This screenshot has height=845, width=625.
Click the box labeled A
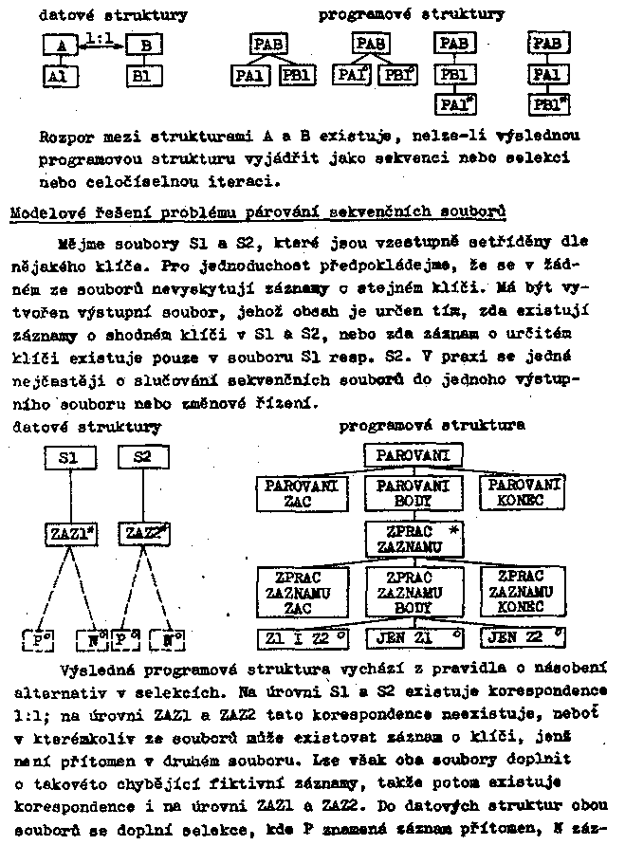[x=61, y=45]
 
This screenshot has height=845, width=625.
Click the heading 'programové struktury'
[x=411, y=15]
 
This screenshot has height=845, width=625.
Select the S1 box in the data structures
[x=67, y=458]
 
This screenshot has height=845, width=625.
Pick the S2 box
[x=143, y=458]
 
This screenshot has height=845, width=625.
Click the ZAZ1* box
[x=67, y=534]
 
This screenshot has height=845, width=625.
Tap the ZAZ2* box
[x=143, y=534]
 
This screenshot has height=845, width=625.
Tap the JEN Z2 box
[x=521, y=636]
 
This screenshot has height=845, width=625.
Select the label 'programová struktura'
[x=432, y=426]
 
